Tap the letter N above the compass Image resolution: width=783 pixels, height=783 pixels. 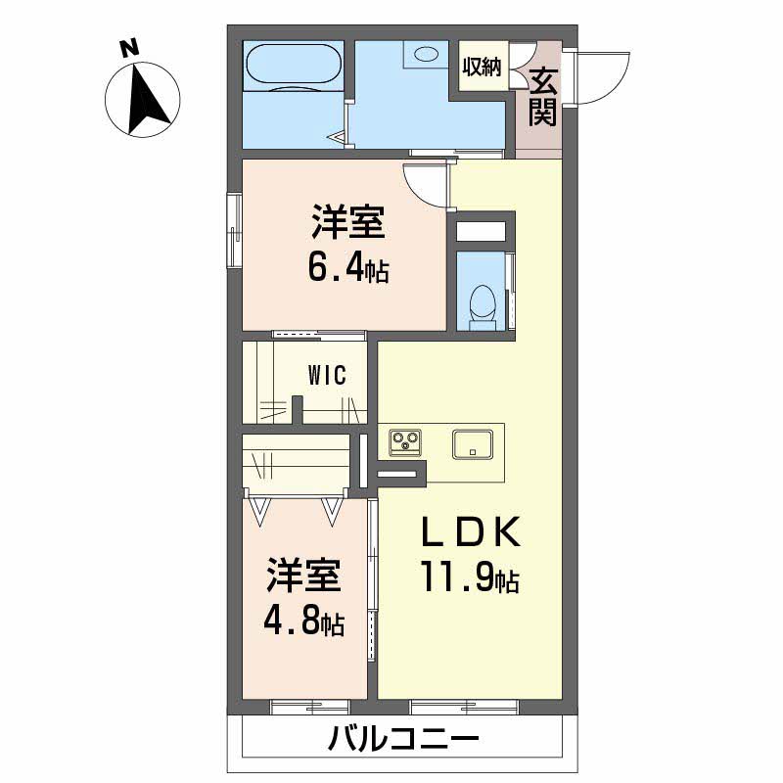click(126, 46)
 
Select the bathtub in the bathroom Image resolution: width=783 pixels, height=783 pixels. click(293, 69)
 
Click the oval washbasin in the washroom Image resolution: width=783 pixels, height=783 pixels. click(428, 54)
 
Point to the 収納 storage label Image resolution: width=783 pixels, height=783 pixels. click(482, 68)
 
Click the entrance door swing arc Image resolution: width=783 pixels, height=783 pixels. click(599, 78)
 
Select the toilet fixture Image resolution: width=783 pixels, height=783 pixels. click(482, 302)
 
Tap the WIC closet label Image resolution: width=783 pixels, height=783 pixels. click(326, 376)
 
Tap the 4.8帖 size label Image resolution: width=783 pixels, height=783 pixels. click(303, 622)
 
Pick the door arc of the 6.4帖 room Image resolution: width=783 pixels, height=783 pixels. click(423, 185)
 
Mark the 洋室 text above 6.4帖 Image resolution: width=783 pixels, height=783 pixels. click(347, 223)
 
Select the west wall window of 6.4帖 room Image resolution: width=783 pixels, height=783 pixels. click(235, 232)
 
